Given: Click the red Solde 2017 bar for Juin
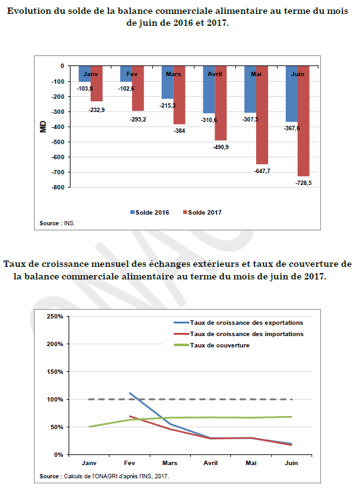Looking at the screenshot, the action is [x=303, y=121].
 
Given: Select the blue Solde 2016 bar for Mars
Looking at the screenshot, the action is [x=167, y=82].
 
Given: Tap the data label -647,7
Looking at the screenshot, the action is [x=262, y=171].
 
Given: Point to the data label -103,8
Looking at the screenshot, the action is [x=84, y=89].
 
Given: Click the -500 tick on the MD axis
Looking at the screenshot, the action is [x=58, y=142].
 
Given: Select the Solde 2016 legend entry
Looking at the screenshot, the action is [x=149, y=212].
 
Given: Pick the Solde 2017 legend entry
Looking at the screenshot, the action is [x=202, y=212].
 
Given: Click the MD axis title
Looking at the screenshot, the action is [x=43, y=126].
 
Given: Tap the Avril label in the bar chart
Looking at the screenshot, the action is [x=215, y=74].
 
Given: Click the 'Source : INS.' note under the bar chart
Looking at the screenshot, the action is [x=57, y=223].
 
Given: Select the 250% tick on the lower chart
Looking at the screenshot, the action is [x=55, y=316].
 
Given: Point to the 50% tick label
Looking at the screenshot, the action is [x=57, y=427].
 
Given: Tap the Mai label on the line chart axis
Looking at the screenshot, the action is [x=251, y=463].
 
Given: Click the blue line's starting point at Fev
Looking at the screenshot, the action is [x=130, y=393].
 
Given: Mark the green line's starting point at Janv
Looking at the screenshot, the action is [x=89, y=427].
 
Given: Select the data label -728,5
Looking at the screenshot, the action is [x=303, y=183].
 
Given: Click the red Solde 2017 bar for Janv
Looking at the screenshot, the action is [x=97, y=84].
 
